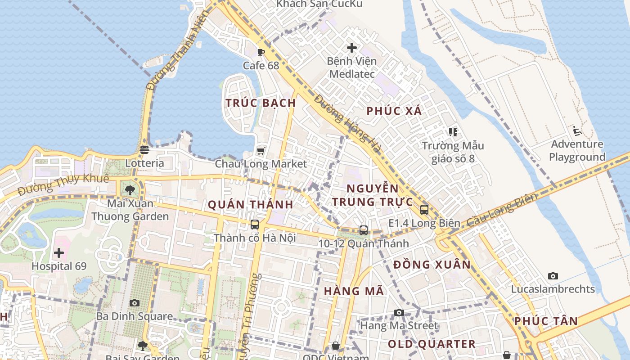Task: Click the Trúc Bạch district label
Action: tap(261, 103)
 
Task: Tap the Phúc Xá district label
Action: tap(394, 111)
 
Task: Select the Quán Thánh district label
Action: tap(251, 205)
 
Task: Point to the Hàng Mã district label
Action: tap(354, 291)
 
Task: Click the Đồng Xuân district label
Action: tap(432, 265)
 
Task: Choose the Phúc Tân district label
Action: tap(546, 321)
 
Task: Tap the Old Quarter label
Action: tap(432, 344)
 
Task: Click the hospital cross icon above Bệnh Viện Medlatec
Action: tap(352, 48)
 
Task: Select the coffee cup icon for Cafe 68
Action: tap(261, 52)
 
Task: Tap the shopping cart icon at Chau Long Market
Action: tap(261, 150)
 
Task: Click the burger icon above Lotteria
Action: tap(144, 149)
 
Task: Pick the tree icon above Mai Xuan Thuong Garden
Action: tap(130, 190)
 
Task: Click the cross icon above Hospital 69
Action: tap(59, 253)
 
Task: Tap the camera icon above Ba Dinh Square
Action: tap(134, 303)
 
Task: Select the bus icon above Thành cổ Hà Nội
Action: tap(255, 224)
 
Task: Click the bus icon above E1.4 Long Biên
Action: tap(424, 209)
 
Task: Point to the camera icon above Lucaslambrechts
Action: tap(553, 276)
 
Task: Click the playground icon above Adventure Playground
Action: tap(577, 131)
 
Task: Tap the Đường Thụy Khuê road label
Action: tap(63, 184)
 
